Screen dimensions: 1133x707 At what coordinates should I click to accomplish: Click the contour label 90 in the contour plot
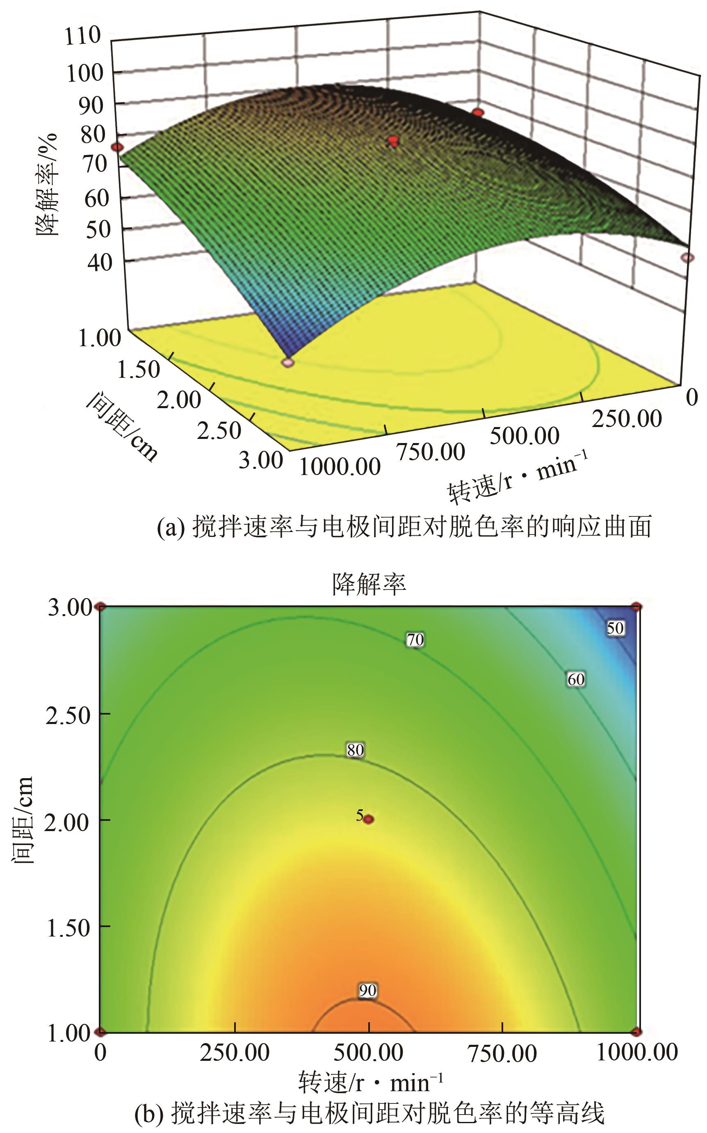click(367, 990)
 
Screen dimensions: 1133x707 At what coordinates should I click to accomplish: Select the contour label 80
click(356, 749)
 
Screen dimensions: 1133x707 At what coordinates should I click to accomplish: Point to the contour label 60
click(576, 679)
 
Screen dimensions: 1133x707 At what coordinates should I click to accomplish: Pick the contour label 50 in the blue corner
click(616, 628)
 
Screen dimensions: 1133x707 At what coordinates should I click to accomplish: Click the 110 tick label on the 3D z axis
click(83, 36)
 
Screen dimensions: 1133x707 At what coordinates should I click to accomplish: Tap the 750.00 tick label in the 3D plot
click(430, 452)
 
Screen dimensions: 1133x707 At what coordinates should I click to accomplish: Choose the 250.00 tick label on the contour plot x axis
click(235, 1053)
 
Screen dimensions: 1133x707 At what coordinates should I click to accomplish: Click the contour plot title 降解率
click(369, 584)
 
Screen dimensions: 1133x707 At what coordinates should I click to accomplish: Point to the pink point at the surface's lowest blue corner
click(288, 362)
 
